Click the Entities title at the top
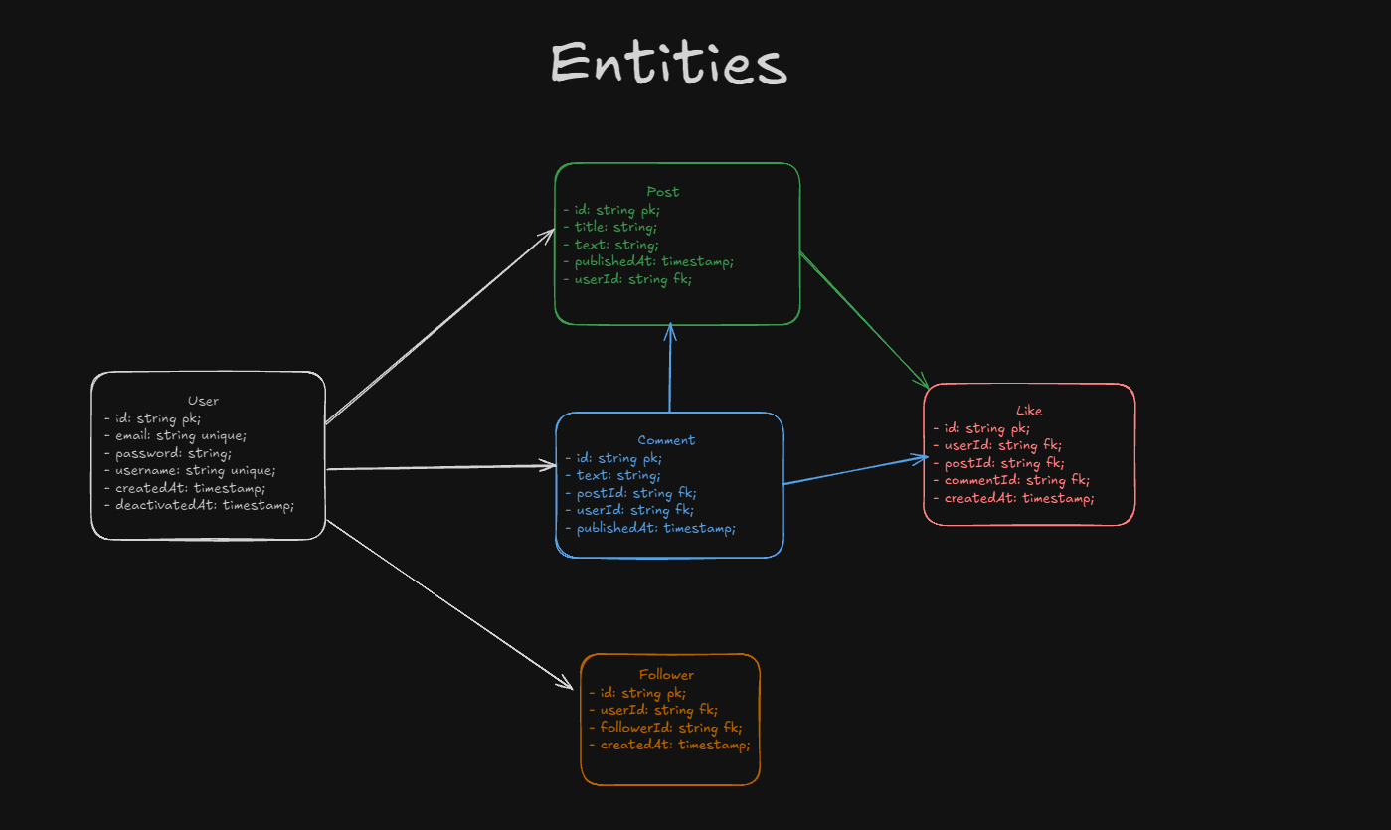[668, 64]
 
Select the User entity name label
[203, 401]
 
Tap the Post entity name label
[663, 191]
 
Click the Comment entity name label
[666, 440]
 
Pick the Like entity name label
[1029, 411]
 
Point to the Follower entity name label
[667, 675]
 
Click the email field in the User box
[175, 435]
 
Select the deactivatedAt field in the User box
[199, 506]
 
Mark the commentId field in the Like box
[1002, 481]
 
